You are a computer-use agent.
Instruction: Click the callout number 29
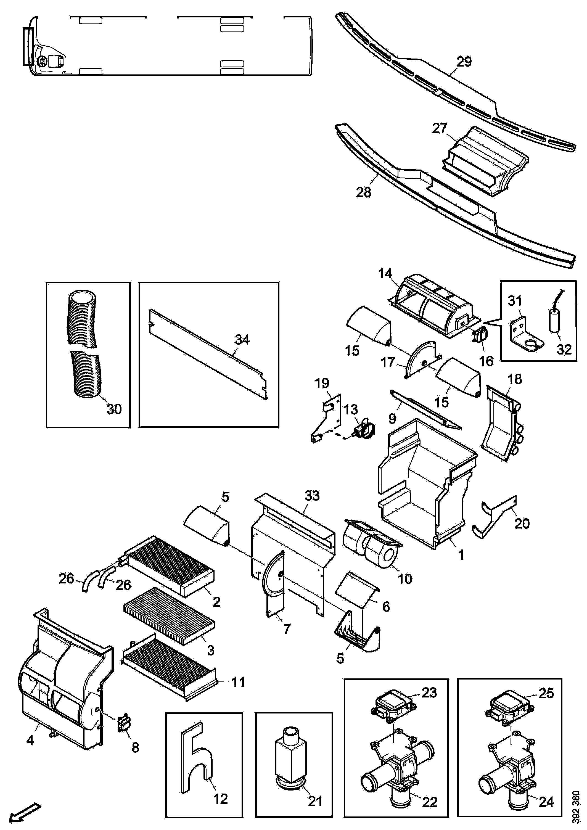[464, 62]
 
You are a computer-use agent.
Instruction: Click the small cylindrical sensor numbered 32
[556, 315]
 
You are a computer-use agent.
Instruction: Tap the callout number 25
[546, 693]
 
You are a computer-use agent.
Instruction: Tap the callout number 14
[385, 274]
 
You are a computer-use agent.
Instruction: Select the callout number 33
[312, 496]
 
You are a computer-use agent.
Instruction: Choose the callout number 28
[364, 192]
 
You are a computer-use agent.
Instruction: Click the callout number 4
[30, 740]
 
